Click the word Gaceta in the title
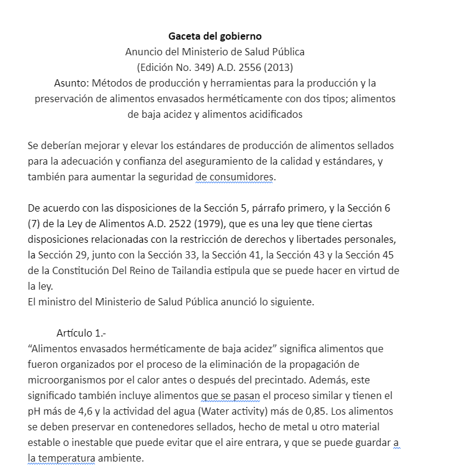click(184, 37)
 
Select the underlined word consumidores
click(241, 177)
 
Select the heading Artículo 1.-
click(81, 333)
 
